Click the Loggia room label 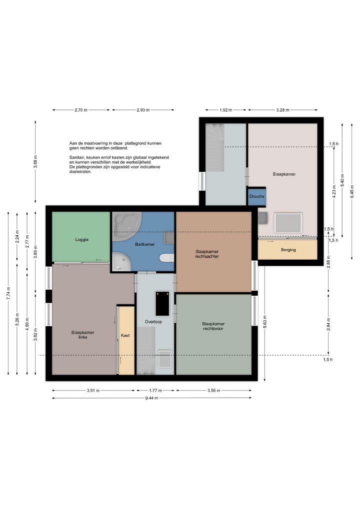click(x=81, y=240)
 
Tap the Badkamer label click(x=145, y=244)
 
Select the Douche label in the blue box click(x=257, y=196)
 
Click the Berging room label click(x=288, y=250)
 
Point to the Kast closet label click(x=125, y=335)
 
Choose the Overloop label click(x=153, y=322)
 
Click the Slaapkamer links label click(x=82, y=335)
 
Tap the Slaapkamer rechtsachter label click(x=207, y=254)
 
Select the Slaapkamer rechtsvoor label click(x=213, y=326)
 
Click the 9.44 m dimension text click(x=152, y=398)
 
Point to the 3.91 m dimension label click(x=93, y=391)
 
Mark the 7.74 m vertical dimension click(x=8, y=293)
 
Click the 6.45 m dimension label click(x=352, y=191)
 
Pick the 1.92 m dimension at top click(x=225, y=110)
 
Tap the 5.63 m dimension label click(x=265, y=322)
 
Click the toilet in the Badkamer click(x=166, y=258)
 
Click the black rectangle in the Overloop click(x=162, y=304)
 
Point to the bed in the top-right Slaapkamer click(x=288, y=223)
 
